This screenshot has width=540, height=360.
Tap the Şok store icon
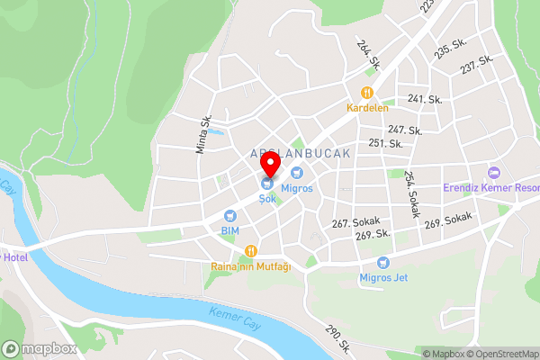click(x=267, y=184)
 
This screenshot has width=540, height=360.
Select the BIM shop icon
click(x=229, y=216)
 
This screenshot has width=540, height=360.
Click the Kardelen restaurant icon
click(x=366, y=92)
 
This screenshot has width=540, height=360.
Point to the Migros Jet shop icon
click(x=384, y=263)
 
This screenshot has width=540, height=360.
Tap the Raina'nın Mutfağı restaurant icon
click(x=252, y=250)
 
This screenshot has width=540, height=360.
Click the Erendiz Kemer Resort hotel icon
click(x=492, y=173)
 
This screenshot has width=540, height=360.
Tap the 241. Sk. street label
click(x=426, y=99)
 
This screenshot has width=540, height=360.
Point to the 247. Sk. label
click(x=405, y=130)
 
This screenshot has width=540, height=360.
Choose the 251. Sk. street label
click(x=384, y=143)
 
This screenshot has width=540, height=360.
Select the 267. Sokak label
click(x=356, y=222)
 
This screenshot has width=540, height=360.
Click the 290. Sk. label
click(x=337, y=339)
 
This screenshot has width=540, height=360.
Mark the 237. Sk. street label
click(x=477, y=65)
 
